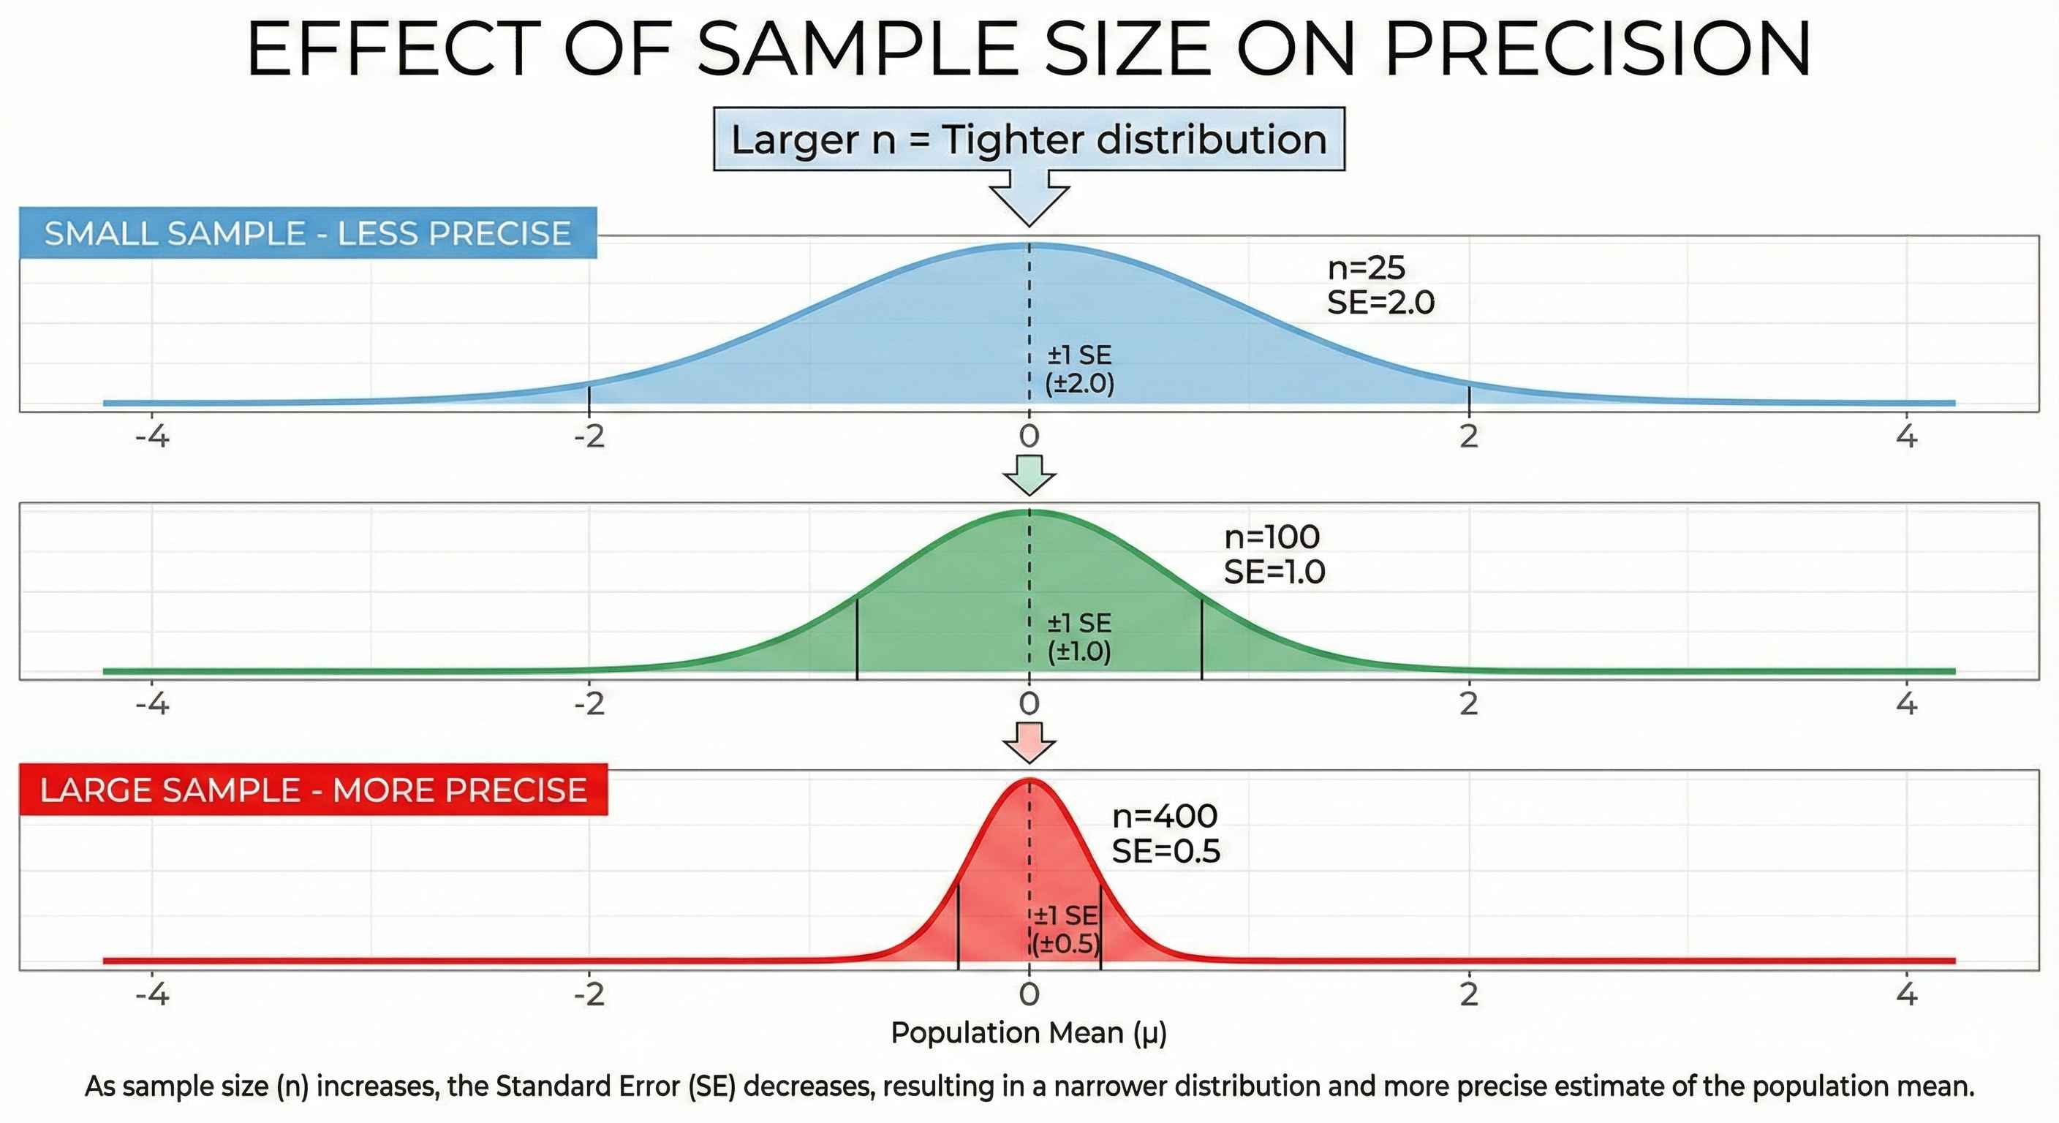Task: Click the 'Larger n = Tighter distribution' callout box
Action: click(x=1029, y=139)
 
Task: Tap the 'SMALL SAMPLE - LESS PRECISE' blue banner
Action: click(x=308, y=233)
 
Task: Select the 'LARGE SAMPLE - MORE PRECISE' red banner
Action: click(x=314, y=790)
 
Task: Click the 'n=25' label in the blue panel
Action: click(x=1366, y=268)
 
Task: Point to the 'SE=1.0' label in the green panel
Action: click(x=1274, y=572)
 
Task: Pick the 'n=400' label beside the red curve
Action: click(x=1165, y=816)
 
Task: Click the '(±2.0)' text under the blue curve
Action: click(x=1079, y=384)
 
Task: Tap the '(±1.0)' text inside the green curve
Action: click(x=1079, y=651)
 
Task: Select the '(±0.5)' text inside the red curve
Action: click(x=1065, y=944)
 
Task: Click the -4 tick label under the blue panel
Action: click(x=152, y=436)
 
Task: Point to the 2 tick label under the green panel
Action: click(x=1468, y=703)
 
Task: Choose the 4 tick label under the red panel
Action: click(x=1907, y=994)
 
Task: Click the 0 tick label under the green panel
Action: click(x=1029, y=703)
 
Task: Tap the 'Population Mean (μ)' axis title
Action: click(x=1029, y=1032)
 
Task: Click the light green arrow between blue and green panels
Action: click(x=1029, y=474)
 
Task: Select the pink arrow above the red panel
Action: click(x=1029, y=743)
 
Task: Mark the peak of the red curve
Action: click(x=1029, y=779)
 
